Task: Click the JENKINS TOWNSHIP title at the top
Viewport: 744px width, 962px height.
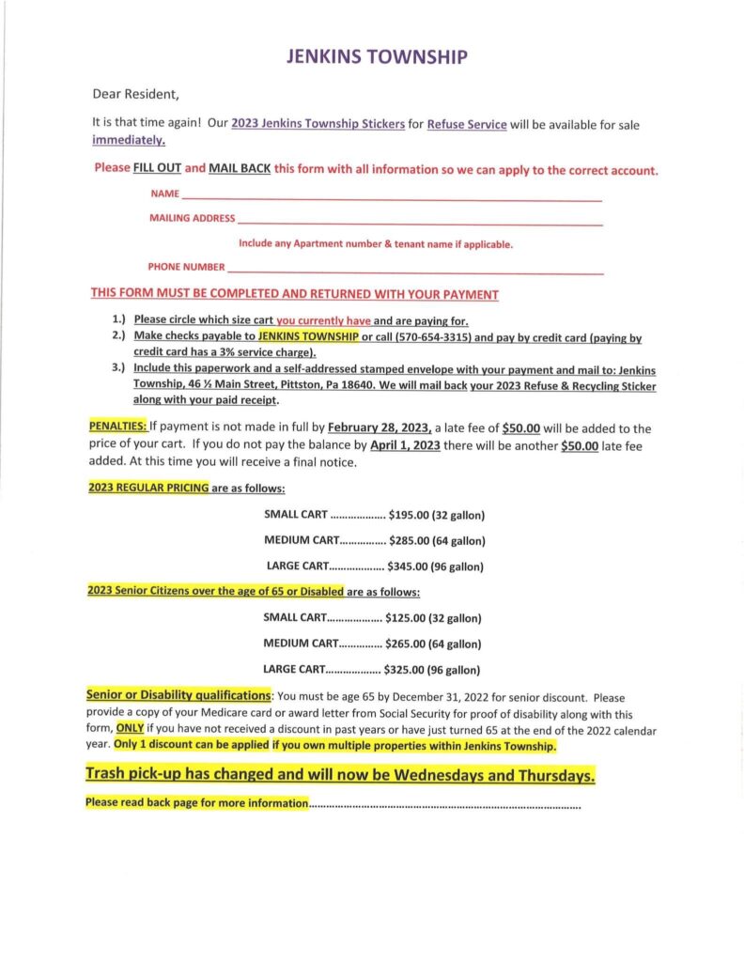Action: (375, 57)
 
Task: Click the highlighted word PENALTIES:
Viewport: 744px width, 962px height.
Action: (116, 427)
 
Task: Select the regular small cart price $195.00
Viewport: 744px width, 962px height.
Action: (409, 515)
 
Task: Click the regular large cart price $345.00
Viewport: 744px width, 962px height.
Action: (409, 566)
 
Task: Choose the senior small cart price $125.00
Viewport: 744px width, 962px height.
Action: (406, 618)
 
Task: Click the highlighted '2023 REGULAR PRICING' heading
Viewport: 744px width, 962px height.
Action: (148, 489)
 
